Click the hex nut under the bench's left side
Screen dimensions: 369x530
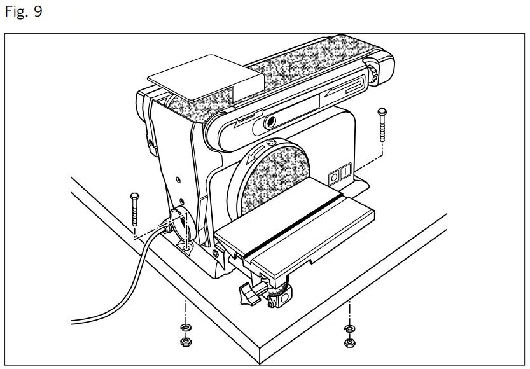184,341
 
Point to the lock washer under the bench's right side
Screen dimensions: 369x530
349,329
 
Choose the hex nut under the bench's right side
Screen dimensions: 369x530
349,344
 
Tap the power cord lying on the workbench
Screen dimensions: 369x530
121,280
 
